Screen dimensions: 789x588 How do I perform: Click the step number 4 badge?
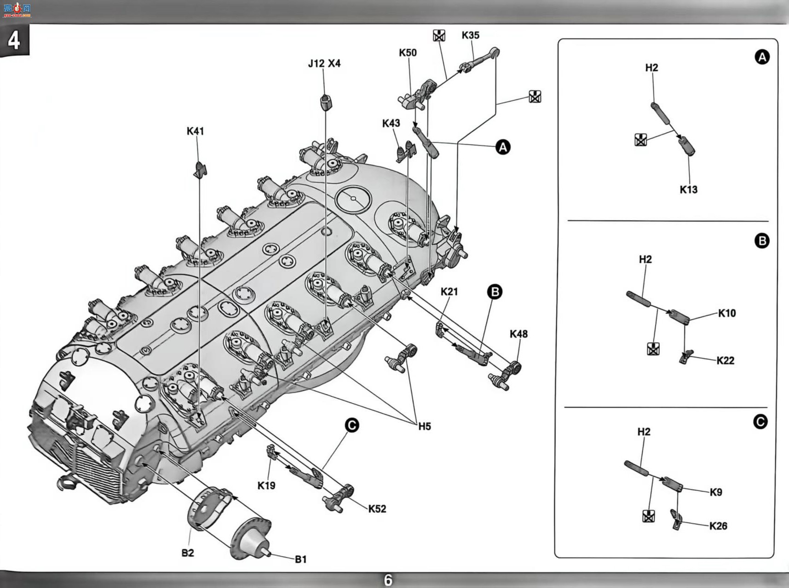coord(14,40)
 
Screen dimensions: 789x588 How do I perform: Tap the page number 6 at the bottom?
coord(389,580)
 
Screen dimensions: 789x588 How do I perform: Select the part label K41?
coord(195,131)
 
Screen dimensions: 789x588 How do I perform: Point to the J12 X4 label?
coord(324,63)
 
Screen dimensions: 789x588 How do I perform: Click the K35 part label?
coord(471,35)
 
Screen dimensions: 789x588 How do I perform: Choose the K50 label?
coord(408,52)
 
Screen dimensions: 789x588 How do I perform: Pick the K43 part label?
coord(391,123)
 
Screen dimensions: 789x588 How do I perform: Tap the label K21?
coord(449,291)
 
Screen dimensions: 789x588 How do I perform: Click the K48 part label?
coord(518,334)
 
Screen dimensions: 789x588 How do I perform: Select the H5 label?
coord(425,426)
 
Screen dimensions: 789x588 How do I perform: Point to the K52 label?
coord(377,508)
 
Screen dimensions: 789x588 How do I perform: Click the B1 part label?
coord(301,559)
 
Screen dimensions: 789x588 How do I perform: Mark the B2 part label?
coord(188,553)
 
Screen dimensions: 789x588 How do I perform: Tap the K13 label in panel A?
coord(689,189)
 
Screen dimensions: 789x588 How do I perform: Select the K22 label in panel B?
coord(726,360)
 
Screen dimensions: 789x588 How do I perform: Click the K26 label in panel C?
coord(718,526)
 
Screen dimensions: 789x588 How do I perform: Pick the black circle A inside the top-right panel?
coord(762,57)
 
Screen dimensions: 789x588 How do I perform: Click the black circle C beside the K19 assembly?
coord(352,425)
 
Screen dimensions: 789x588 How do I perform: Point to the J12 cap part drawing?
coord(325,102)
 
